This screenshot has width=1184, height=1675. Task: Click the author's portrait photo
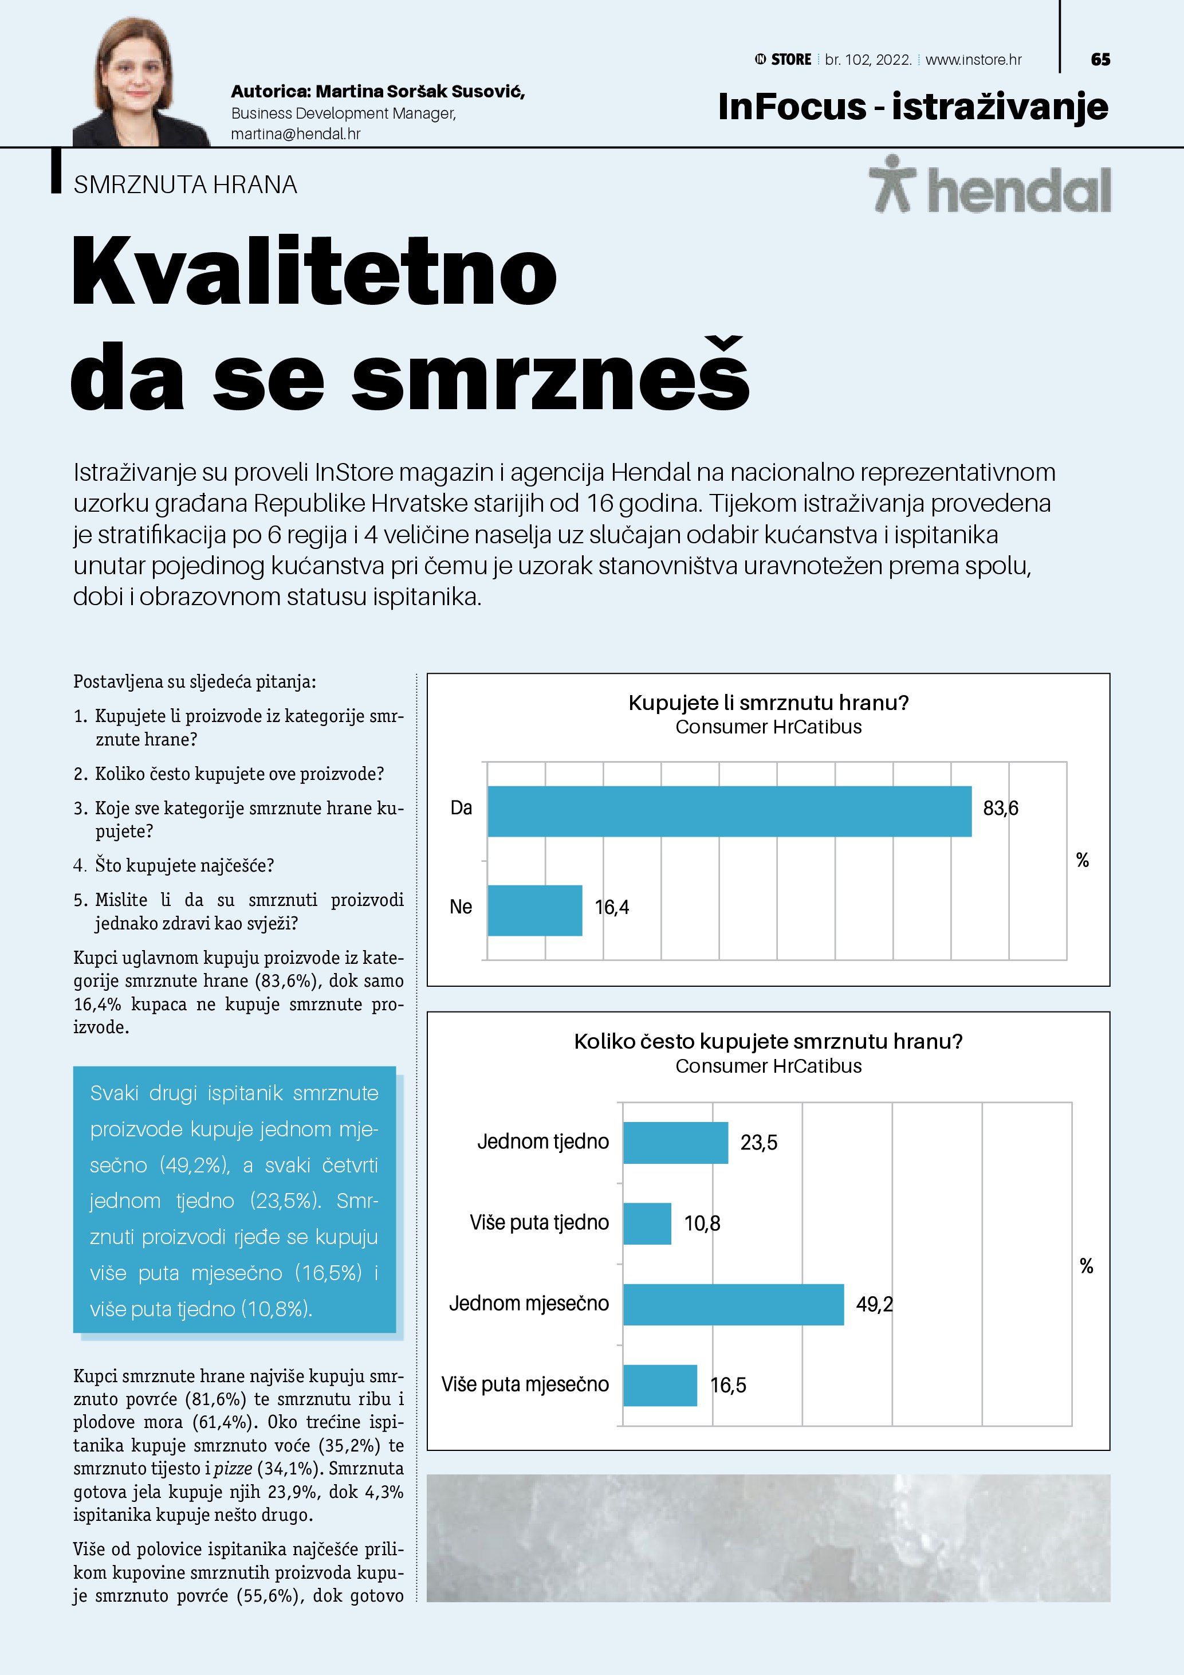click(139, 84)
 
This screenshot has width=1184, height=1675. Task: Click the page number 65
click(1100, 60)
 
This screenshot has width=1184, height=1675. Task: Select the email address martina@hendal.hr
click(295, 134)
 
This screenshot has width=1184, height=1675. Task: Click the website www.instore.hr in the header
click(973, 60)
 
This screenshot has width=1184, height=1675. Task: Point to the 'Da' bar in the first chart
click(729, 811)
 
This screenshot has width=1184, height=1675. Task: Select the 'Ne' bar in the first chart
click(534, 910)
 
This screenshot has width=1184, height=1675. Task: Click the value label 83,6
click(1000, 809)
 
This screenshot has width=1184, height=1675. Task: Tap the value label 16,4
click(612, 908)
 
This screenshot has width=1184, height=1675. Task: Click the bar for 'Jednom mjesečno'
click(733, 1304)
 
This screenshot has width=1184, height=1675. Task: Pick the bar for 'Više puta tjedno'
click(647, 1223)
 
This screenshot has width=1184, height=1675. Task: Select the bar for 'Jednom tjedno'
click(675, 1143)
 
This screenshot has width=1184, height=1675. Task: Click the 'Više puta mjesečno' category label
click(525, 1384)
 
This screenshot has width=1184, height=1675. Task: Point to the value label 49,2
click(874, 1304)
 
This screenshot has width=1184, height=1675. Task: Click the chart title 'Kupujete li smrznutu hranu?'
click(769, 703)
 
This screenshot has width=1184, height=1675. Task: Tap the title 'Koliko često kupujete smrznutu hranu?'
click(769, 1041)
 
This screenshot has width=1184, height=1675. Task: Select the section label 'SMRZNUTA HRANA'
click(185, 185)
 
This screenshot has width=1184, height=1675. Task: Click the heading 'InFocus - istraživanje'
click(913, 107)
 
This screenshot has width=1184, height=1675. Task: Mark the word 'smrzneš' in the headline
click(550, 376)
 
